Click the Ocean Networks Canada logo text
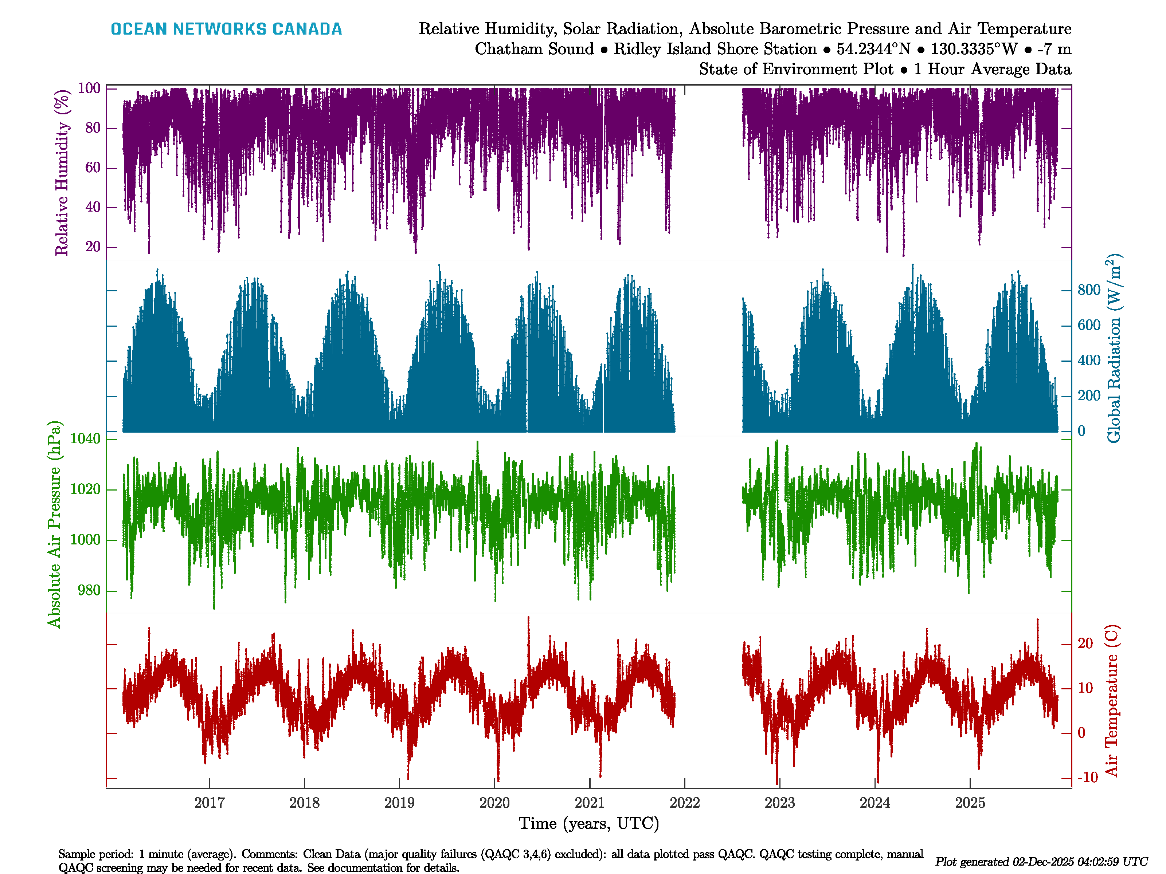226,29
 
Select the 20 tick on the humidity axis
93,247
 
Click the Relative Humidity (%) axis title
62,173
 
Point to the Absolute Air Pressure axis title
54,524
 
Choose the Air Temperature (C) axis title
1112,701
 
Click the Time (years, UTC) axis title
589,823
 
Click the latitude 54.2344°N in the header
873,49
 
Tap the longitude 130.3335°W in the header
974,49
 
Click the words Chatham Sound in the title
534,49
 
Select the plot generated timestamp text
1041,861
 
